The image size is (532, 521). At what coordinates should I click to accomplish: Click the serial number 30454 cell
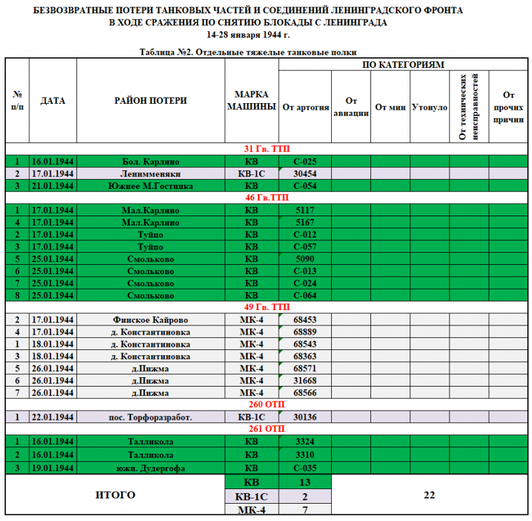(x=305, y=174)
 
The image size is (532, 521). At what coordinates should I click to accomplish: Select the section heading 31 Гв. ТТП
(x=267, y=148)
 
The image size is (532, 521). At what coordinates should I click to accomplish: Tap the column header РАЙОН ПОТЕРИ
(x=151, y=101)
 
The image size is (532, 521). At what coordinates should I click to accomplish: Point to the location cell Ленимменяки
(x=151, y=174)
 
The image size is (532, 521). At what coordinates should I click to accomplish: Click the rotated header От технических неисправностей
(x=469, y=106)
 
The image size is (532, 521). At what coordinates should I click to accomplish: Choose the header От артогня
(x=305, y=106)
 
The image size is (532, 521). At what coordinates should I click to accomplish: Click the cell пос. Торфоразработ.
(x=151, y=417)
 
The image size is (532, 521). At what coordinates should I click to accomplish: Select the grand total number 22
(x=429, y=495)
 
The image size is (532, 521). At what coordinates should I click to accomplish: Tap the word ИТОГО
(x=116, y=495)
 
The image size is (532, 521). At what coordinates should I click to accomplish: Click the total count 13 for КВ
(x=305, y=482)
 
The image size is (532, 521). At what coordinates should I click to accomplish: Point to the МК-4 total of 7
(x=305, y=510)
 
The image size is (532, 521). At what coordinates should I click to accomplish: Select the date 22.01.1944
(x=53, y=417)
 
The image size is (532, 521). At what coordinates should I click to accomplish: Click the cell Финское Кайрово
(x=151, y=320)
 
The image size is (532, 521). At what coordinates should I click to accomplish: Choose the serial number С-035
(x=305, y=468)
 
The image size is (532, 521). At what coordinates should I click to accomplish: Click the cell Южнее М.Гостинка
(x=151, y=186)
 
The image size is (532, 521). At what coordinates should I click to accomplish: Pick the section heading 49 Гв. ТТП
(x=267, y=307)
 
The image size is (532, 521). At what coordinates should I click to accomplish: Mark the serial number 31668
(x=305, y=381)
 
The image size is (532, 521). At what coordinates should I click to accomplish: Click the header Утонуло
(x=430, y=106)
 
